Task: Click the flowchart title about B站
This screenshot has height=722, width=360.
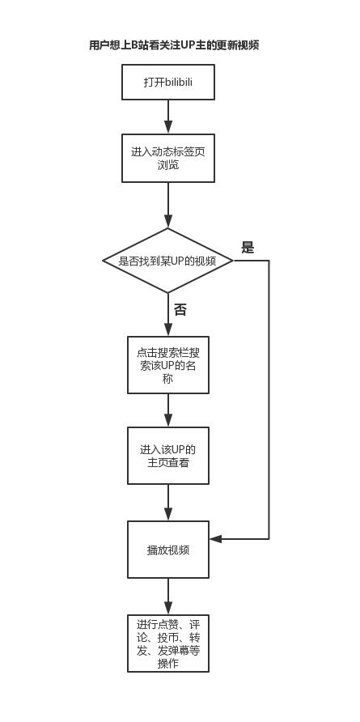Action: click(x=174, y=45)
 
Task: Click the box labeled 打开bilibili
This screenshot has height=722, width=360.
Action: click(x=168, y=83)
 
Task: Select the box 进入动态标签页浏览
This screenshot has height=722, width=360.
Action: click(x=168, y=158)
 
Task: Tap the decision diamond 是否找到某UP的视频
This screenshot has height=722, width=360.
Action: click(x=167, y=261)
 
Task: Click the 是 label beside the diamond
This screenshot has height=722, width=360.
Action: click(x=248, y=248)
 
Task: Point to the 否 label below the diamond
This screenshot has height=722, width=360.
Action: click(x=180, y=310)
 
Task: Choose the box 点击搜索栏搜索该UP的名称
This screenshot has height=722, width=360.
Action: click(x=168, y=365)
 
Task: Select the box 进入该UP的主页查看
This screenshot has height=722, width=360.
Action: click(x=168, y=456)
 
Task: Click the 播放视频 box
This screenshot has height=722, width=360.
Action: click(x=168, y=550)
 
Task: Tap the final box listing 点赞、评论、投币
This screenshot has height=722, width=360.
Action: click(x=168, y=643)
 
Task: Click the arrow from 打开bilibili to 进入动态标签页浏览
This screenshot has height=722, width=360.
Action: click(x=168, y=116)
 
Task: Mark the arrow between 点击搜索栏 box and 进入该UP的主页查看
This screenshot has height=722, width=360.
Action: click(x=168, y=410)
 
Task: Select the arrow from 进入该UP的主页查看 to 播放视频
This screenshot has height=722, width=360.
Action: click(x=168, y=503)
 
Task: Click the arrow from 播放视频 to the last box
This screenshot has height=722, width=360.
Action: click(x=168, y=597)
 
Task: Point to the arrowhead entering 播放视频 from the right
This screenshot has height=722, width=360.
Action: click(x=215, y=538)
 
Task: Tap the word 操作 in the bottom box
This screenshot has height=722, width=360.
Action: click(x=168, y=664)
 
